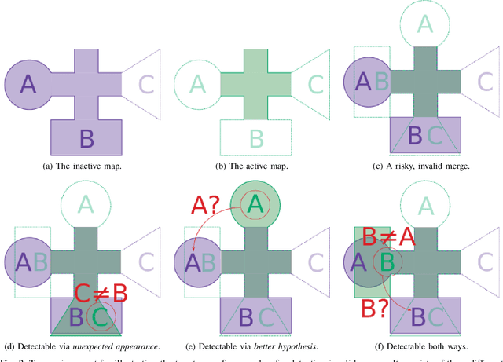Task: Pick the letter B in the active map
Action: coord(256,138)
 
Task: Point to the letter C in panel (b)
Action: coord(315,84)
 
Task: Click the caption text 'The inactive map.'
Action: coord(86,166)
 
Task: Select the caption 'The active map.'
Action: coord(255,166)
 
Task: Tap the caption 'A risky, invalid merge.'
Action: coord(425,166)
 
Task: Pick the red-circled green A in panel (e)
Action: coord(254,205)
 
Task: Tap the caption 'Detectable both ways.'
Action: coord(425,346)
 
